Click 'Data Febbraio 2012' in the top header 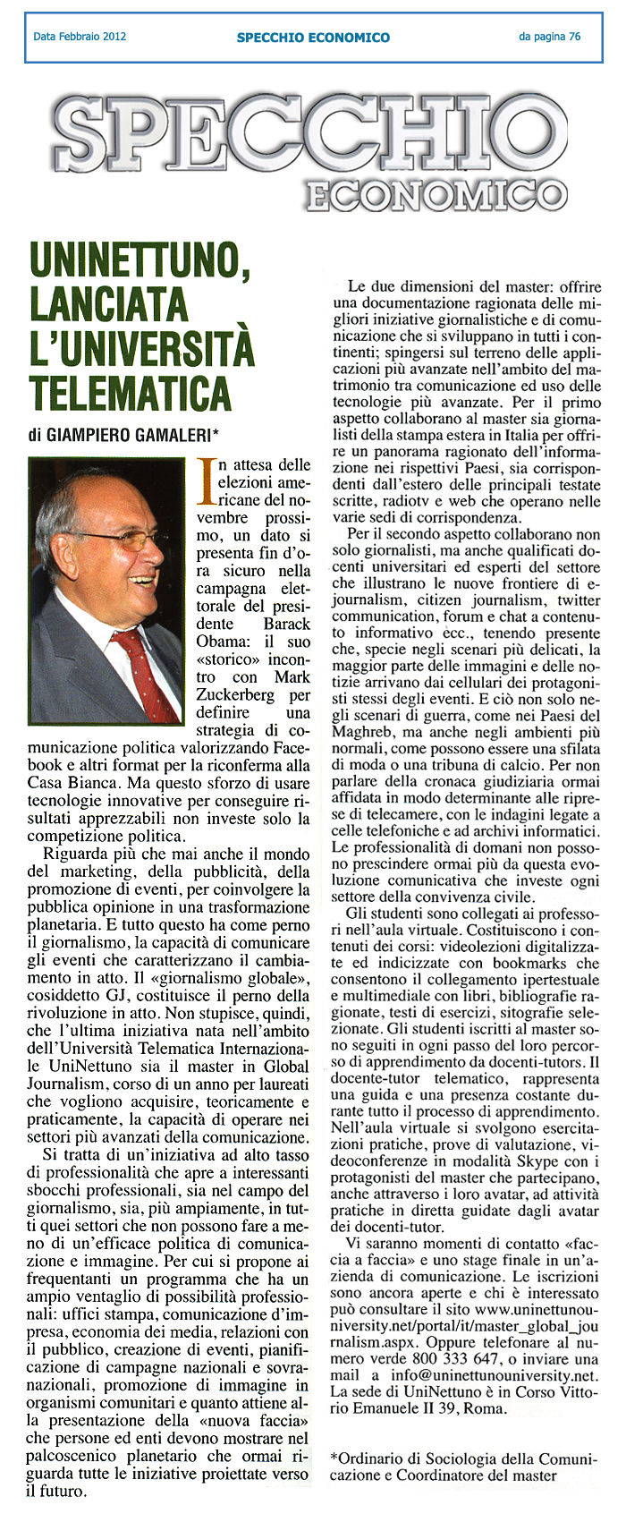point(80,37)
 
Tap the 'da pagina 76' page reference point(549,37)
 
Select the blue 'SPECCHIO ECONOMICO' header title point(313,38)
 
